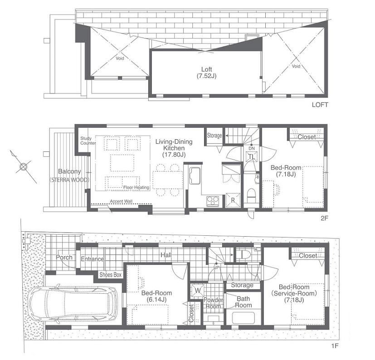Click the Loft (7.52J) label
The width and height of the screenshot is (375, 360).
[x=206, y=73]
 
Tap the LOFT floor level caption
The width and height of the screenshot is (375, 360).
[x=320, y=105]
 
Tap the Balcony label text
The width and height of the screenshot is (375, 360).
[x=69, y=172]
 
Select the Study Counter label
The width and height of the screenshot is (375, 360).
[x=88, y=141]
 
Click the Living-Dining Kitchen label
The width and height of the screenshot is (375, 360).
[x=174, y=148]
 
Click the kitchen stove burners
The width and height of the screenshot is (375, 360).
[x=213, y=201]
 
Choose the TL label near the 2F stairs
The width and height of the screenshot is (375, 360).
[x=250, y=157]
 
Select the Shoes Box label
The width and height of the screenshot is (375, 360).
[x=111, y=275]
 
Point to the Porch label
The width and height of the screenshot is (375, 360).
[x=64, y=258]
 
